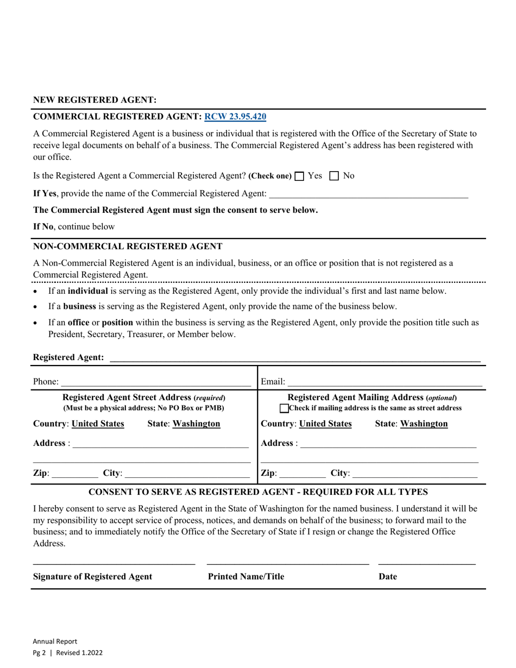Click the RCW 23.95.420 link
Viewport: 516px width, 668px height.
click(235, 117)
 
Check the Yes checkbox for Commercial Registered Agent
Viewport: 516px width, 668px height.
click(299, 176)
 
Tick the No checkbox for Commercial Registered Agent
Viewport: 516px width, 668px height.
click(335, 176)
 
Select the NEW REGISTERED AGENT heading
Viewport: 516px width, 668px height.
click(95, 100)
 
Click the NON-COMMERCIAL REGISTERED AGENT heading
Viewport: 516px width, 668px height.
click(128, 247)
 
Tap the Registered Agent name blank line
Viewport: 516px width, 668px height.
click(295, 358)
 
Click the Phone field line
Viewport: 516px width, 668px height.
click(156, 382)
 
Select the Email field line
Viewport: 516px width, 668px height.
click(385, 382)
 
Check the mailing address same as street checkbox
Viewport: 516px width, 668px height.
click(285, 408)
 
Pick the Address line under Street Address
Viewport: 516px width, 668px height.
click(160, 444)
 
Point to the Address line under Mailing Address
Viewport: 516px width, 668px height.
click(388, 444)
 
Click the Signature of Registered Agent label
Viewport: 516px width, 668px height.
click(93, 577)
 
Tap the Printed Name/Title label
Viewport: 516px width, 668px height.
click(246, 577)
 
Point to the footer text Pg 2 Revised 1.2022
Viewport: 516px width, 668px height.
click(68, 653)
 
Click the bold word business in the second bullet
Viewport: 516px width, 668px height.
click(79, 306)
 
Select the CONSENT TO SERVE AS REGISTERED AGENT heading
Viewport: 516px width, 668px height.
click(258, 492)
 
